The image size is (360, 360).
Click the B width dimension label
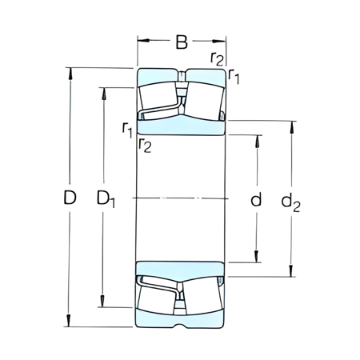pyautogui.click(x=182, y=40)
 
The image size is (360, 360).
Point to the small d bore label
pyautogui.click(x=256, y=199)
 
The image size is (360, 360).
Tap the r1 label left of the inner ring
pyautogui.click(x=127, y=128)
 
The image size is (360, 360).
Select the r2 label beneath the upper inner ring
pyautogui.click(x=145, y=144)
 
